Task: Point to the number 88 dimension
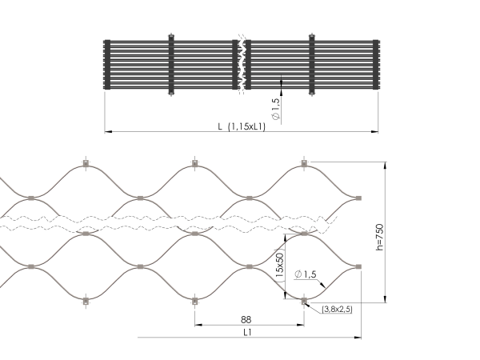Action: [x=248, y=319]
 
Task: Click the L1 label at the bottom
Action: [x=248, y=332]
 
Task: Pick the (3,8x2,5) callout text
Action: [x=338, y=308]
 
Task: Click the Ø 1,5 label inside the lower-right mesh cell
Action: [x=306, y=274]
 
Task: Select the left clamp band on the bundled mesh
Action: [x=170, y=66]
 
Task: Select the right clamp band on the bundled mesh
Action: [x=311, y=66]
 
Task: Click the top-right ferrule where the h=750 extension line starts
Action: [x=303, y=164]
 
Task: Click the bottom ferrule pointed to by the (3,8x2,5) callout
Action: [x=303, y=301]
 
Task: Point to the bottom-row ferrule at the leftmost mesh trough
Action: [x=86, y=301]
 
